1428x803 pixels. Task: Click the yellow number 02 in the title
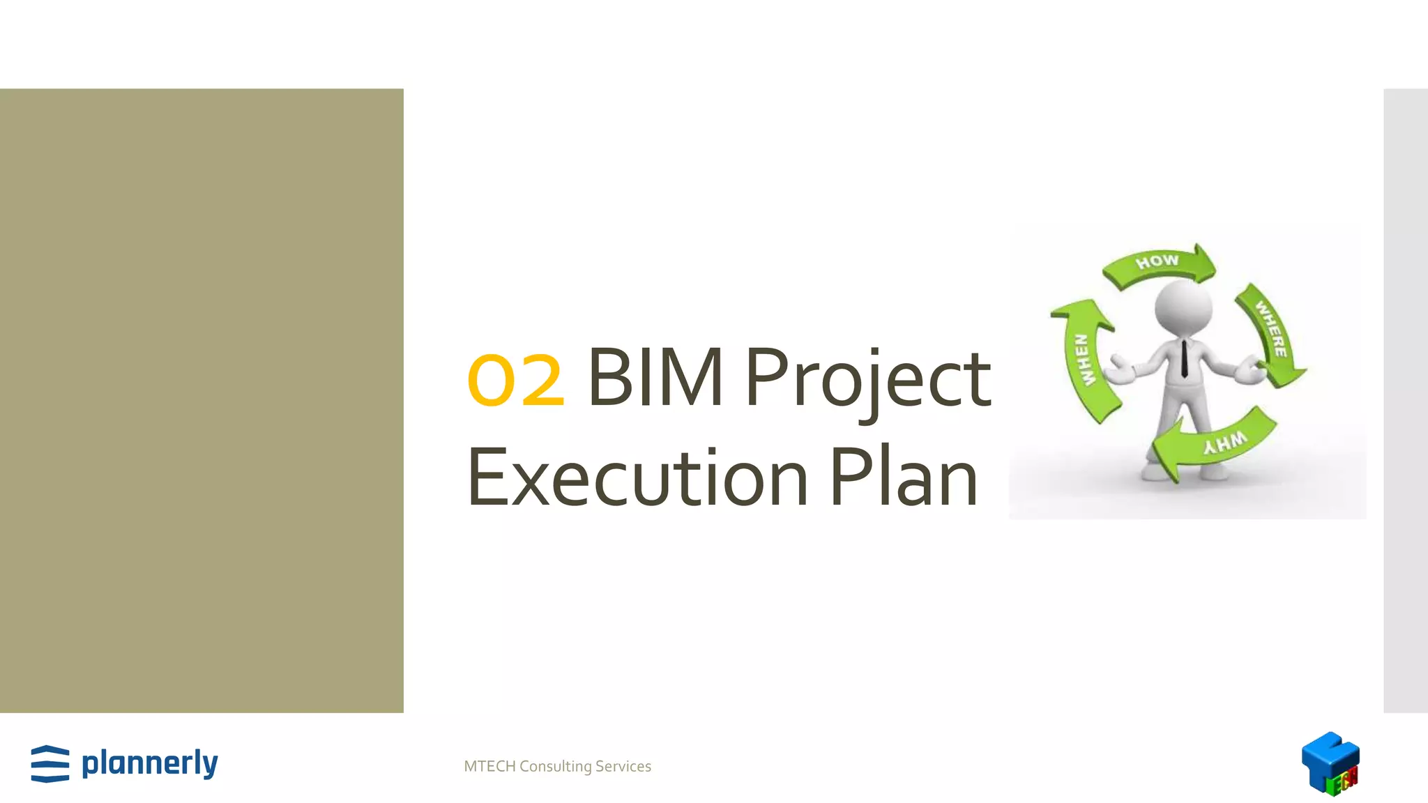(515, 380)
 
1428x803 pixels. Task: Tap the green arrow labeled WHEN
(1085, 360)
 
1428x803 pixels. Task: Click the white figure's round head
(1183, 307)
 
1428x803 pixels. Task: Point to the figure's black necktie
(1184, 358)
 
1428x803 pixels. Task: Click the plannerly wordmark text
(150, 763)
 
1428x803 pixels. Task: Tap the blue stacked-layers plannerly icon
(50, 764)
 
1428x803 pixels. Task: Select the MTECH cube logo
(1330, 763)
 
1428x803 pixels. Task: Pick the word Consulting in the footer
(556, 767)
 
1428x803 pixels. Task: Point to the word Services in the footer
(623, 767)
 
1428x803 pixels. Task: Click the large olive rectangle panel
(202, 400)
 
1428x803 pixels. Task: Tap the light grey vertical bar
(1406, 400)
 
